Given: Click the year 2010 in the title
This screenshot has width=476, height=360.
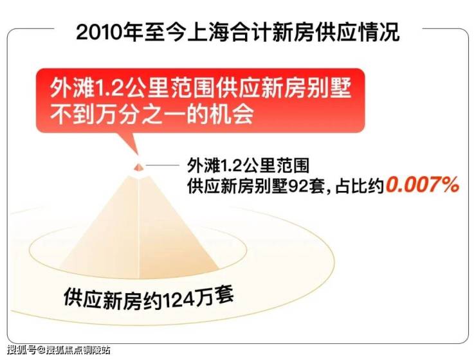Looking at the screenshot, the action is click(x=100, y=32).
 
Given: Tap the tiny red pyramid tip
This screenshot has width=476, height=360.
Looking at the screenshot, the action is click(x=138, y=166).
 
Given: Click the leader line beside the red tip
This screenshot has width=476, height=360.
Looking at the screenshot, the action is click(x=163, y=166).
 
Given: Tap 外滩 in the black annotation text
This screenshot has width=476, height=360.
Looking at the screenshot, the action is click(x=203, y=166).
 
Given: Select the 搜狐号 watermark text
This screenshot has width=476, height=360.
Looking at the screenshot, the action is click(x=21, y=350).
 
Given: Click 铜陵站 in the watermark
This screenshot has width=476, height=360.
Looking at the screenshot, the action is click(x=97, y=350).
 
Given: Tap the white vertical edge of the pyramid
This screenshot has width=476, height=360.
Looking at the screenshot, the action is click(x=138, y=228).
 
